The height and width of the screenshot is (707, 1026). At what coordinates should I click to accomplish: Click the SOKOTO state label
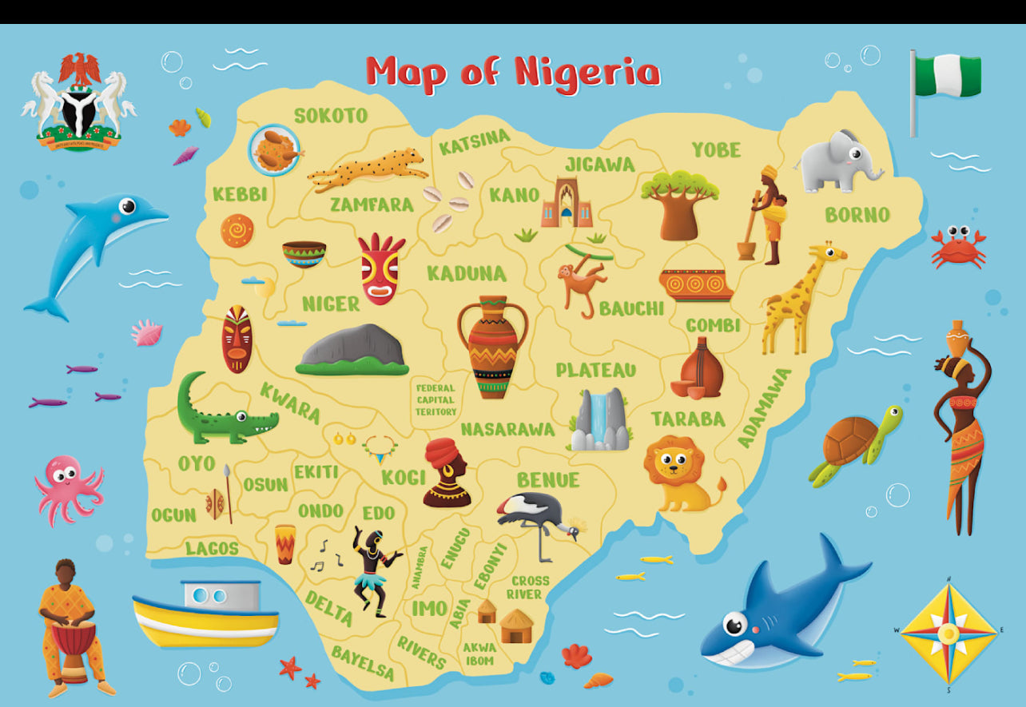pyautogui.click(x=331, y=116)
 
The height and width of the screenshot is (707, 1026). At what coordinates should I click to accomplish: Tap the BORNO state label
pyautogui.click(x=857, y=215)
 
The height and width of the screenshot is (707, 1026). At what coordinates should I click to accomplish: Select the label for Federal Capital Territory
pyautogui.click(x=435, y=399)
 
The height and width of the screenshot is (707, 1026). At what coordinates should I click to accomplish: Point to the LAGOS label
pyautogui.click(x=212, y=548)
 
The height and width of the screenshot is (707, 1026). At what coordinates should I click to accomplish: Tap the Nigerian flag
pyautogui.click(x=946, y=77)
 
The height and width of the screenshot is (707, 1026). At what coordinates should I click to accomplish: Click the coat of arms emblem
pyautogui.click(x=79, y=101)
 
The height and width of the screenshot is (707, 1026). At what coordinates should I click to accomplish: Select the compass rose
pyautogui.click(x=948, y=633)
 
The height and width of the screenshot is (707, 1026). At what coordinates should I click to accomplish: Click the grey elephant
pyautogui.click(x=838, y=161)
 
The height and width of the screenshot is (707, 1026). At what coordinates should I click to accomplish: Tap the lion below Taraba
pyautogui.click(x=680, y=473)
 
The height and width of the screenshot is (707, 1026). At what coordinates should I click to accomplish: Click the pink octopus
pyautogui.click(x=68, y=487)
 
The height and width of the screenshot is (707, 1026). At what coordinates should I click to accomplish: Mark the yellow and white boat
pyautogui.click(x=206, y=614)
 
